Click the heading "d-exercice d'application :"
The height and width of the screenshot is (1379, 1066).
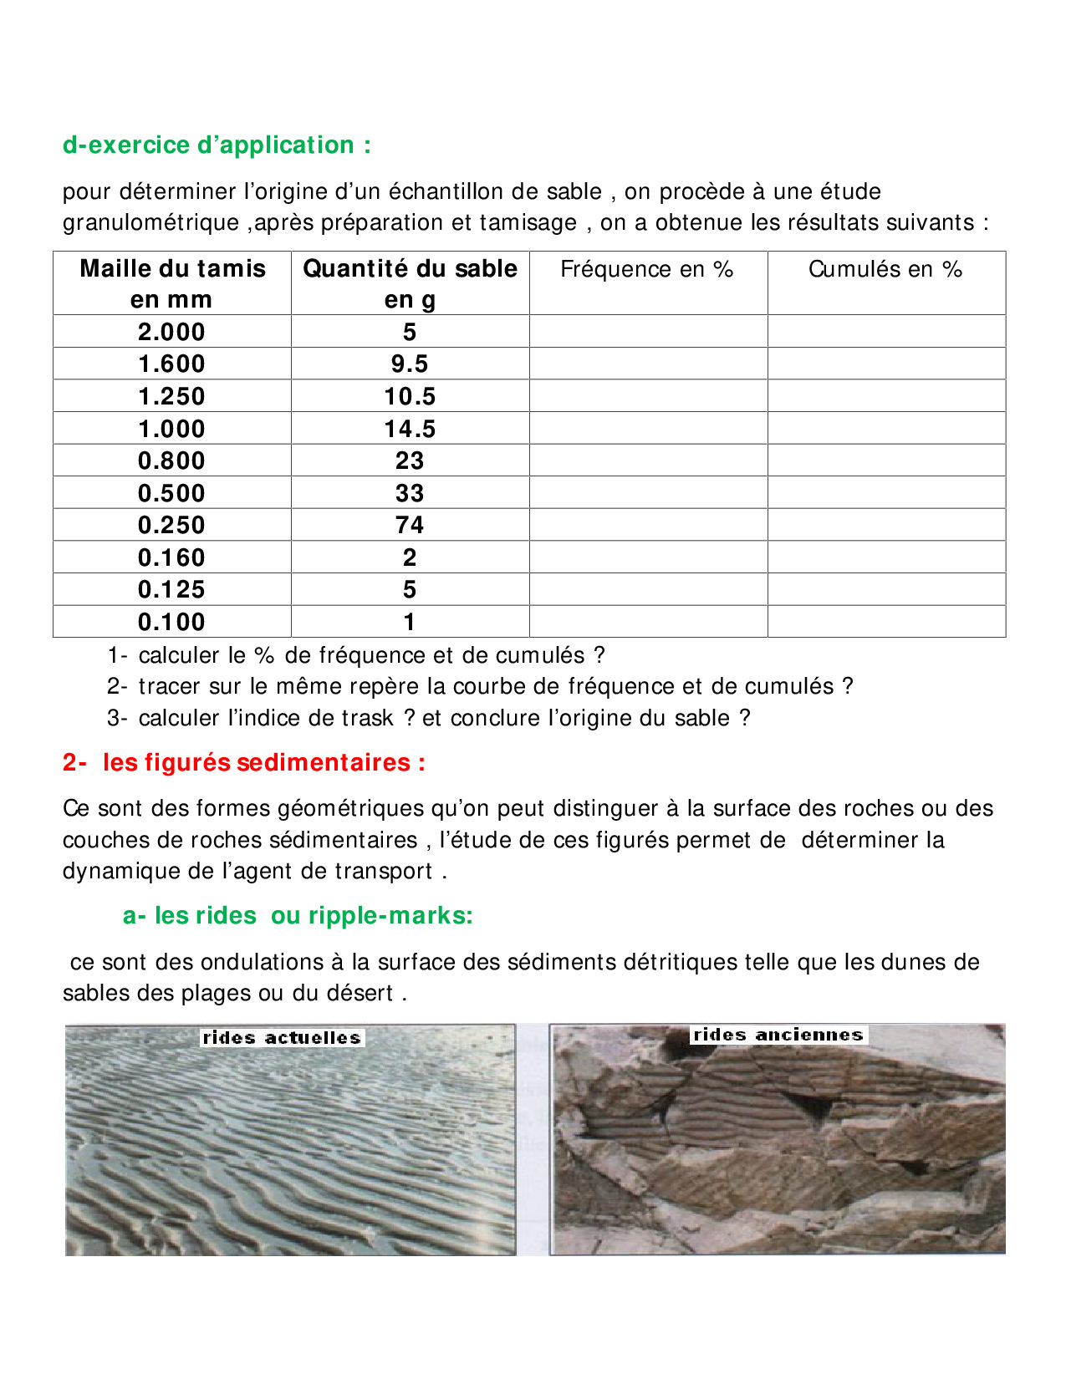click(x=217, y=145)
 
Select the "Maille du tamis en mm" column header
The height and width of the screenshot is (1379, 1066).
click(x=172, y=283)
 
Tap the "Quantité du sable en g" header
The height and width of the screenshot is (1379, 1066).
click(x=410, y=283)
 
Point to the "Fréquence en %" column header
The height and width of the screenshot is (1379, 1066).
click(x=647, y=270)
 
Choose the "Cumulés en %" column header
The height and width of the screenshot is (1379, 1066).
click(x=885, y=270)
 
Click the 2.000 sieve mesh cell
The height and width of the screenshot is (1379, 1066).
click(x=172, y=332)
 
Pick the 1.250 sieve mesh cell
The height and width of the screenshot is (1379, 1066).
click(x=172, y=396)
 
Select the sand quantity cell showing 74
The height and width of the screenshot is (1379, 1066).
click(x=410, y=525)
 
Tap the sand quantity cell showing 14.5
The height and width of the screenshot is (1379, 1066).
click(x=410, y=429)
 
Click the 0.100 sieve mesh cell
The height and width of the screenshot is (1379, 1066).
click(x=172, y=622)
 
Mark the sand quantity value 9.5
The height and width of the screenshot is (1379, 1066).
click(x=410, y=364)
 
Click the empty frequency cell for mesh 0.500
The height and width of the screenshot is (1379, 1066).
click(x=648, y=493)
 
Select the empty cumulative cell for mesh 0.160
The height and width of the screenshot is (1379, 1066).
click(x=886, y=557)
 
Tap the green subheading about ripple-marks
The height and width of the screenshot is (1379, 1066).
click(x=298, y=916)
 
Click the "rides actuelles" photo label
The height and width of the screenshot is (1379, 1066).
click(x=282, y=1038)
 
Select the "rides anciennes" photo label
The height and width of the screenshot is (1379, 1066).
click(x=778, y=1035)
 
